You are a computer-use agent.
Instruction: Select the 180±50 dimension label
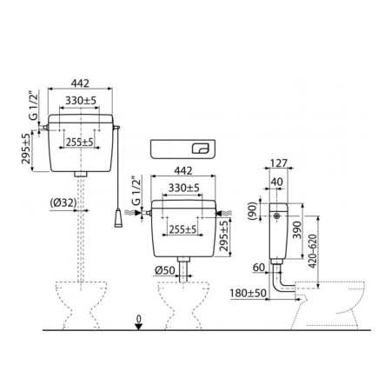click(249, 293)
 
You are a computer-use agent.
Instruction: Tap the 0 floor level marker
click(139, 320)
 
